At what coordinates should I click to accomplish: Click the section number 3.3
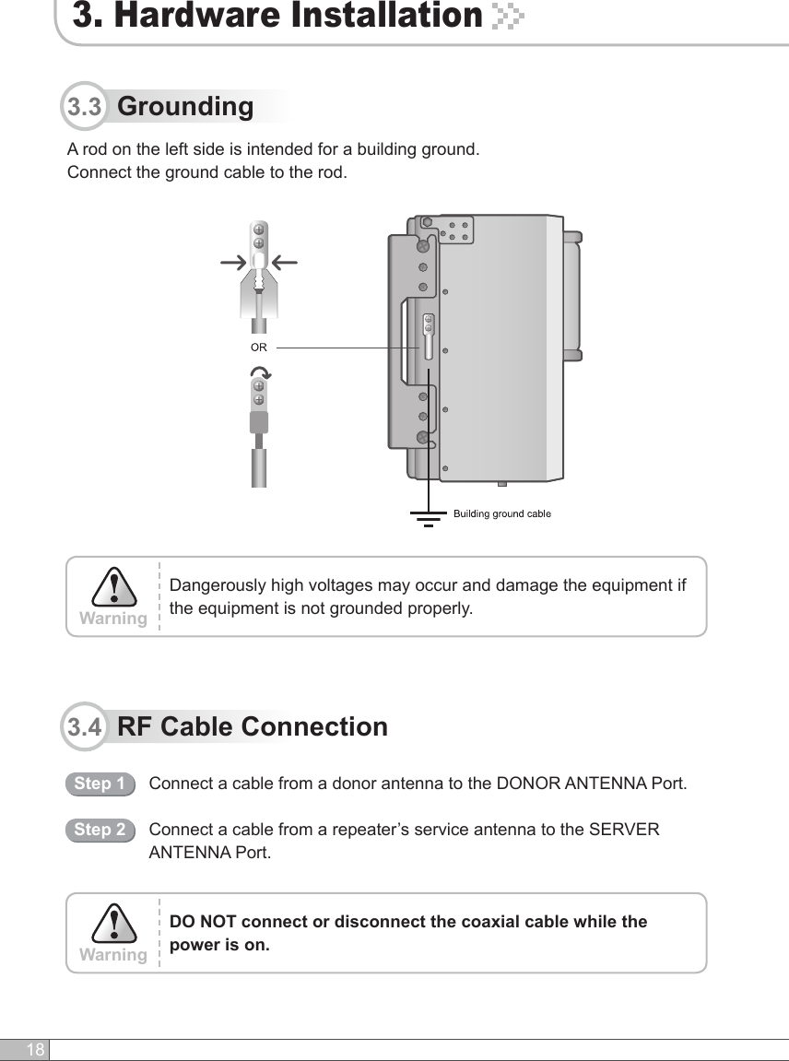pos(85,108)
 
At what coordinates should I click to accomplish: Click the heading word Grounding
pos(185,106)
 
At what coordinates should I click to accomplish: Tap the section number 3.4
pos(85,727)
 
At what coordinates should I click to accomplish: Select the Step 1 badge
pos(100,784)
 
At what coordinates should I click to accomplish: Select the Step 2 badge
pos(100,830)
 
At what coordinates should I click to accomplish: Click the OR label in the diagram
pos(259,348)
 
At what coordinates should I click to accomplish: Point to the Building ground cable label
pos(502,513)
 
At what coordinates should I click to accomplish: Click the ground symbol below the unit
pos(428,517)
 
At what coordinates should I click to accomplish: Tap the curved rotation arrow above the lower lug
pos(260,373)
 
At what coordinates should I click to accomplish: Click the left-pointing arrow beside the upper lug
pos(286,263)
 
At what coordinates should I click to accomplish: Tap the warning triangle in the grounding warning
pos(112,587)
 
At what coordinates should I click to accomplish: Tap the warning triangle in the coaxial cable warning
pos(112,924)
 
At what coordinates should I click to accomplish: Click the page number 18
pos(35,1051)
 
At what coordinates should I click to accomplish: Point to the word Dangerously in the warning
pos(218,586)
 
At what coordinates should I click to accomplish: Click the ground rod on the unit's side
pos(429,337)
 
